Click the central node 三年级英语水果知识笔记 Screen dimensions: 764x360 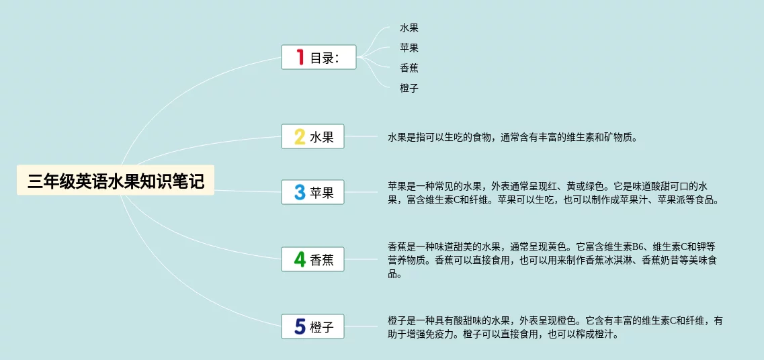coord(116,180)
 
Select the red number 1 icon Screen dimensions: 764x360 coord(300,58)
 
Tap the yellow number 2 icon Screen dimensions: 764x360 coord(300,136)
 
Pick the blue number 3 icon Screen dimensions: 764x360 coord(300,192)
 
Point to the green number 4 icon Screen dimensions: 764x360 coord(300,259)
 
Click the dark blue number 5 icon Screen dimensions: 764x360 coord(300,326)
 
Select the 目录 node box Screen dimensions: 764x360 coord(319,57)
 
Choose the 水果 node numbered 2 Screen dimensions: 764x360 coord(313,136)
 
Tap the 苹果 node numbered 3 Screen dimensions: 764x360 coord(313,192)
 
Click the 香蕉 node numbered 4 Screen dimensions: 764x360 coord(313,259)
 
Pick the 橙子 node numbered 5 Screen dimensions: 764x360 coord(313,326)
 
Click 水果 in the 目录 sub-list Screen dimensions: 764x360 coord(409,28)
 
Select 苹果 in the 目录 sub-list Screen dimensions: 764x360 coord(409,48)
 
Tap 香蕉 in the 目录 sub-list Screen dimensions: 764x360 coord(409,68)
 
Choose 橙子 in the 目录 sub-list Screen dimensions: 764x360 coord(409,88)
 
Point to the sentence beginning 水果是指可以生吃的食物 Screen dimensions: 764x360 coord(513,138)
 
